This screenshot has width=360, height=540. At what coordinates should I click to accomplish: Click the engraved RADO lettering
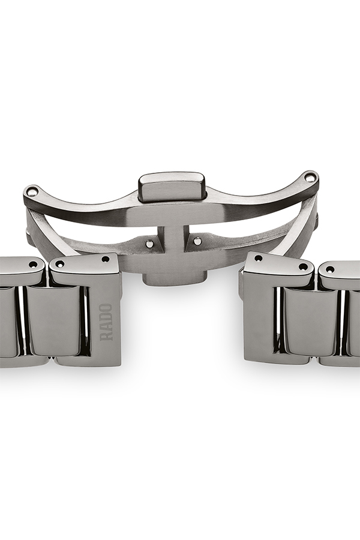point(106,322)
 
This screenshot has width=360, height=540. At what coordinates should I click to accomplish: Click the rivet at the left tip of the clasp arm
point(34,190)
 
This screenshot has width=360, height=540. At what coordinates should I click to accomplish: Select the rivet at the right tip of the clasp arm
point(311,176)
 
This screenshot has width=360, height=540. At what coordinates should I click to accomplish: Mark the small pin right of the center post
point(197,241)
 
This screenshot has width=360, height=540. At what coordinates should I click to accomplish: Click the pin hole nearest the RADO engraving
point(106,259)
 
